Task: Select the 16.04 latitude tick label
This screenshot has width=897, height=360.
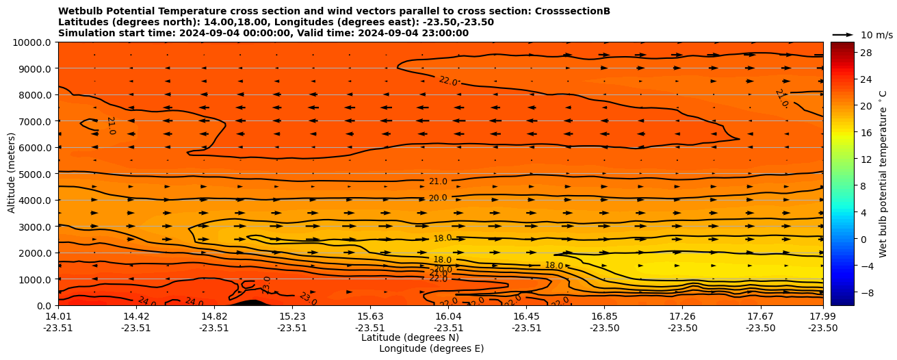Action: [x=448, y=316]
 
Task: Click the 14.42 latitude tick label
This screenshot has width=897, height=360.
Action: [x=136, y=316]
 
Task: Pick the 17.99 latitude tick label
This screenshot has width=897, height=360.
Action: [x=822, y=316]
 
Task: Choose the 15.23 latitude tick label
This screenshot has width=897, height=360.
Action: [x=292, y=316]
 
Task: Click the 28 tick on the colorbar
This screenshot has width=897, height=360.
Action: [x=864, y=53]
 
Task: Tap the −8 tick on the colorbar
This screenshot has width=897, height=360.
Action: [x=864, y=292]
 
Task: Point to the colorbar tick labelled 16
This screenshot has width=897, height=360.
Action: [x=864, y=133]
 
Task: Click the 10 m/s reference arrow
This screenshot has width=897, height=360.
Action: [x=842, y=34]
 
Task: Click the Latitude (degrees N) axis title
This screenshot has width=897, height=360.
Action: [x=410, y=337]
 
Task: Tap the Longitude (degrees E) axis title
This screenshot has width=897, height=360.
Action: [x=431, y=348]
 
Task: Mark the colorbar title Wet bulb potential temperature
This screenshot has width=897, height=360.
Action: [x=883, y=174]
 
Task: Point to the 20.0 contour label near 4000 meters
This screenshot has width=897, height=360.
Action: [x=438, y=198]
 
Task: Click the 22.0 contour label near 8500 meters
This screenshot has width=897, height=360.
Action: [x=448, y=81]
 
